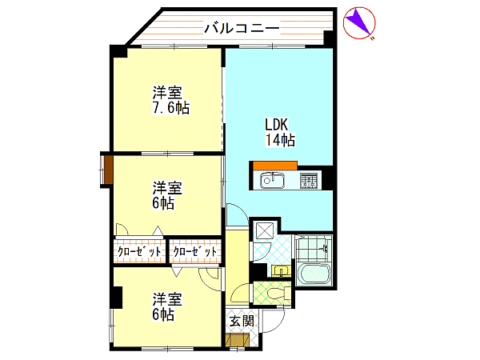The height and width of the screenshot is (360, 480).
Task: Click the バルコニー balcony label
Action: pos(242,28)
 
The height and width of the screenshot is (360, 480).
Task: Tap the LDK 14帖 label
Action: pos(280,132)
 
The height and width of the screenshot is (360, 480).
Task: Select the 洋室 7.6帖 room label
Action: pos(171,100)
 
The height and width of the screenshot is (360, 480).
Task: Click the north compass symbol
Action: pos(359,23)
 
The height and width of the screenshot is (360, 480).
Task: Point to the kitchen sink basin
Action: pos(272,180)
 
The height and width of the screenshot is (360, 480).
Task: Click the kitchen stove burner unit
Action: pos(308,181)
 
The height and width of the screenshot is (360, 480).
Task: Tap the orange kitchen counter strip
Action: pos(275,166)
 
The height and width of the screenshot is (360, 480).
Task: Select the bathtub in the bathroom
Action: pos(314,274)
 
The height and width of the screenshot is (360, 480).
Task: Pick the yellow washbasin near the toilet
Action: pos(281,271)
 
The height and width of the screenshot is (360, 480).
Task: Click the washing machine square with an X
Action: pos(265,230)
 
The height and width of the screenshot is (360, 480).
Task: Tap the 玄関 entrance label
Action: pos(242,321)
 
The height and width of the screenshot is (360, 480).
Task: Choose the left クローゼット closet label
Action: pos(139,252)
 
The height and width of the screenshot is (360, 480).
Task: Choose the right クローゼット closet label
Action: pos(195,252)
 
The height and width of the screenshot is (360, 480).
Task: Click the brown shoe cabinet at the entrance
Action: pos(236,341)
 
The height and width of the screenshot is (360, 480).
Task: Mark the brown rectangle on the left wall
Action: pos(108,170)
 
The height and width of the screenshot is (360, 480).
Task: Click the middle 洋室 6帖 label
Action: pos(167,195)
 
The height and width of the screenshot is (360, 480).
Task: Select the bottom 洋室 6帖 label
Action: pos(167,306)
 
